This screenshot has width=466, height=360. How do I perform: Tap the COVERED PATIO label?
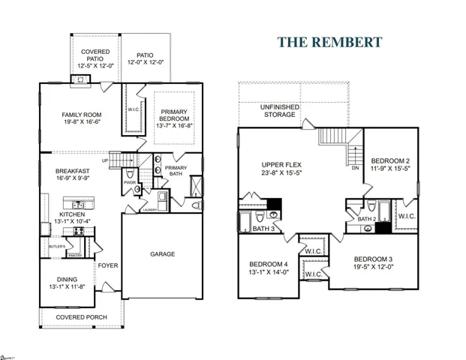pos(96,55)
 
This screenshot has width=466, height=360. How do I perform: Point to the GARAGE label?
pos(161,253)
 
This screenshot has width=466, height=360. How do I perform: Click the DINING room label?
pos(72,279)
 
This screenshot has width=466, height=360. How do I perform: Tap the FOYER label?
pos(108,265)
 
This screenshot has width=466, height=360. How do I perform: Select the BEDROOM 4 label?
pos(269,264)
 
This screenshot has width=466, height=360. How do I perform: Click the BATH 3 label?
pos(263,228)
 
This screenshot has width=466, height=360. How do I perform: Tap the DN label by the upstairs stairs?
pos(355,169)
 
